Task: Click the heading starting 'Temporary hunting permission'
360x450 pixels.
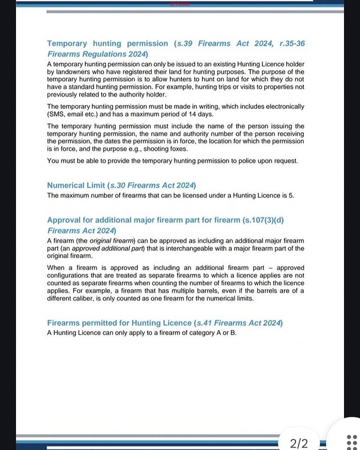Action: tap(107, 44)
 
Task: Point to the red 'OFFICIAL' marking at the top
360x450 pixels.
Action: tap(180, 4)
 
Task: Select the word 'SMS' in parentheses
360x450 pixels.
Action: tap(58, 114)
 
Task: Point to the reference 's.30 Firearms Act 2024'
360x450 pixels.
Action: tap(152, 186)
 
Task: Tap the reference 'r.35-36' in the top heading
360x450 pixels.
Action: tap(292, 44)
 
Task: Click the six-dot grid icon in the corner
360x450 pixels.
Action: tap(352, 442)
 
